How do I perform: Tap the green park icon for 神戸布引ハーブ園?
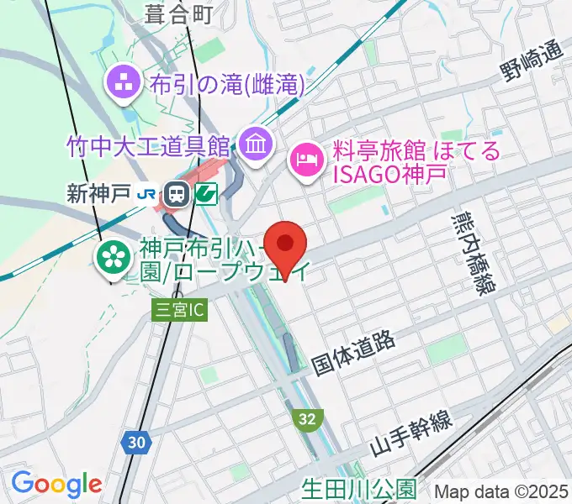point(112,256)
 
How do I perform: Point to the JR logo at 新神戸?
point(146,194)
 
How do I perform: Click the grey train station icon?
point(177,194)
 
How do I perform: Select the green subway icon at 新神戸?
point(205,194)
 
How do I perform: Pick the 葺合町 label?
point(177,12)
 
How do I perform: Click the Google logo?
point(56,484)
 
